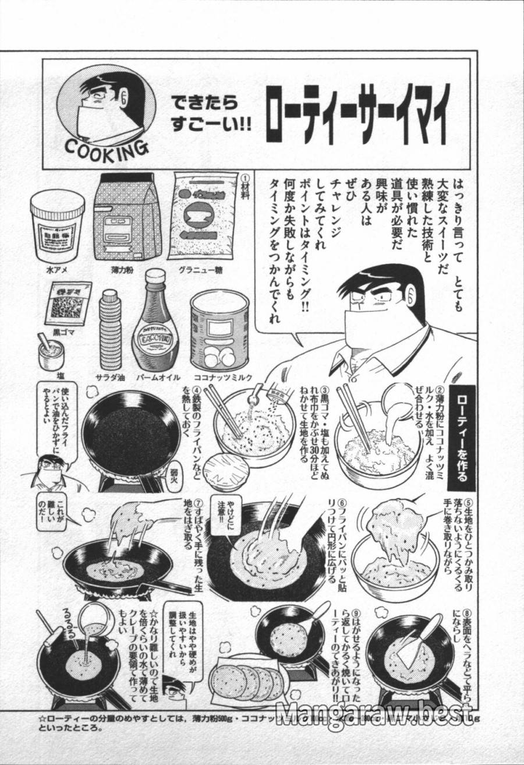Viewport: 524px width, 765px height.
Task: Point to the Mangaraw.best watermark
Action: click(373, 713)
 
